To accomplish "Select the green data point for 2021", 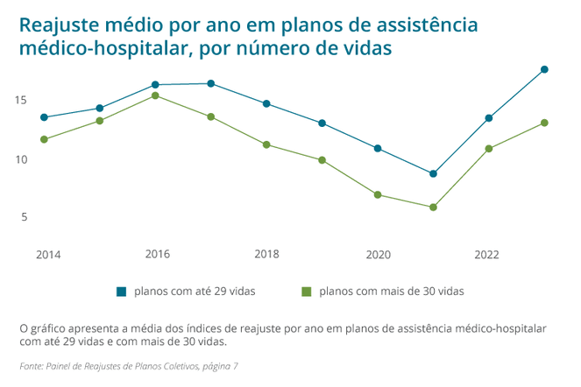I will click(x=433, y=208).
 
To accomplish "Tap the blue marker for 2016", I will click(x=155, y=85).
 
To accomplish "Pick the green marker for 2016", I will click(x=155, y=95).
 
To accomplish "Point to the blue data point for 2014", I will click(x=44, y=117).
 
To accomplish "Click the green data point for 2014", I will click(x=44, y=139).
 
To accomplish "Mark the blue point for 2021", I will click(x=433, y=173).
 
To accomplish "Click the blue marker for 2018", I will click(x=266, y=103).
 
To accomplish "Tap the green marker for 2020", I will click(x=378, y=194).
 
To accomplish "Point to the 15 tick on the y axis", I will click(x=20, y=101).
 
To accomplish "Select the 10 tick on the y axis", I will click(x=20, y=159).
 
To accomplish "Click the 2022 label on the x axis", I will click(x=487, y=255).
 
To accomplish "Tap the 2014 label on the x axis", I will click(x=48, y=255).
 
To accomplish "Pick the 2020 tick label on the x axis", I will click(x=378, y=255).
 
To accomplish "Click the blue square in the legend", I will click(x=121, y=291).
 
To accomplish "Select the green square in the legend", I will click(x=306, y=291).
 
